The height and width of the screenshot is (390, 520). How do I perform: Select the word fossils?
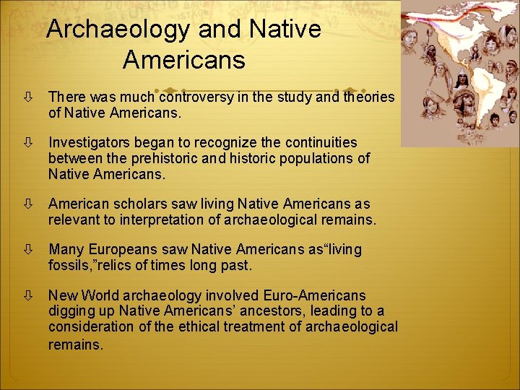tap(69, 266)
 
